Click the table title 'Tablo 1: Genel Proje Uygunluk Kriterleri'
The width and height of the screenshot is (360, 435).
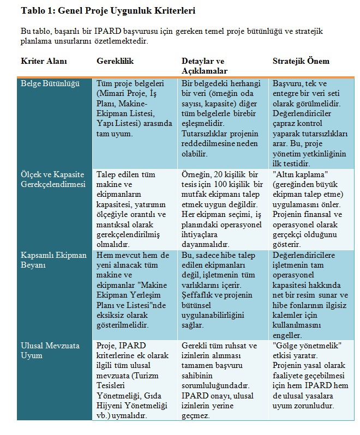coord(107,11)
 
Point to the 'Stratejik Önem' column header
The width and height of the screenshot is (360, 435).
coord(301,61)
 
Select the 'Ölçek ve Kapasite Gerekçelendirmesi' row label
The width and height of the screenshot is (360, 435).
coord(53,179)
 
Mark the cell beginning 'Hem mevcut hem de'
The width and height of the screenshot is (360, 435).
coord(131,289)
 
